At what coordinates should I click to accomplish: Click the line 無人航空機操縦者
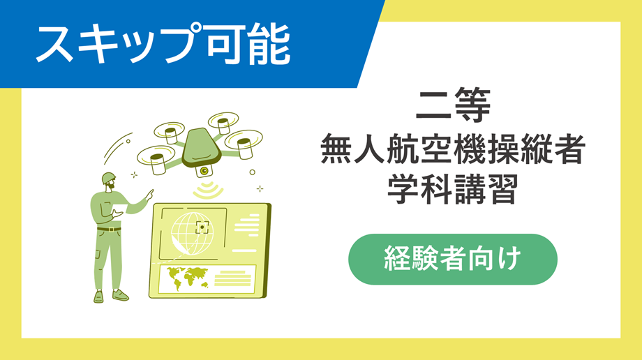[x=453, y=151]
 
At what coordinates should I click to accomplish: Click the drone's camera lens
[x=204, y=170]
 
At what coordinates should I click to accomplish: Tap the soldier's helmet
[x=108, y=179]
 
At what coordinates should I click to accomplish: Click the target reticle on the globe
[x=203, y=227]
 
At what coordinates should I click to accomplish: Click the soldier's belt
[x=108, y=228]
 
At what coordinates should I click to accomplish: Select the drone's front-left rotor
[x=156, y=158]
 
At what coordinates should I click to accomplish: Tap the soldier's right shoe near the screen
[x=121, y=295]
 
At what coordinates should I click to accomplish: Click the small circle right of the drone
[x=253, y=171]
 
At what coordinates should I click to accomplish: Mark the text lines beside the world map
[x=234, y=278]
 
